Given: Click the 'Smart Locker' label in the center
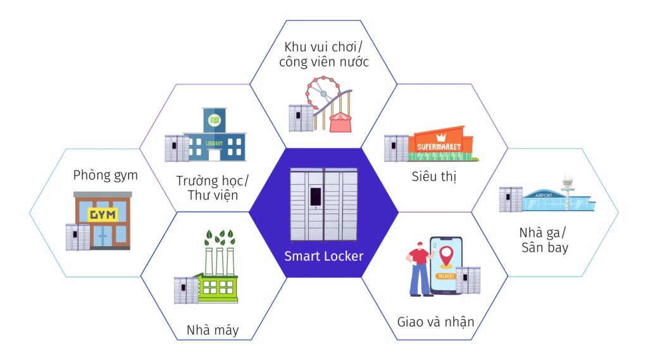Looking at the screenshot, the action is (323, 256).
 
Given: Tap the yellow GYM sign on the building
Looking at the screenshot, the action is (103, 214).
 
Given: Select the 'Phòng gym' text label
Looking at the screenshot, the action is (106, 175).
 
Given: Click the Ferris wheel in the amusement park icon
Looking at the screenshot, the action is (323, 94).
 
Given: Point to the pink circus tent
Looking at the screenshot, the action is (340, 122).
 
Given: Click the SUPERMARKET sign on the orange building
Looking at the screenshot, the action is (439, 146).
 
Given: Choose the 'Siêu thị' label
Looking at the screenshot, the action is (434, 177).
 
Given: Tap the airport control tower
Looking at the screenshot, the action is (568, 191).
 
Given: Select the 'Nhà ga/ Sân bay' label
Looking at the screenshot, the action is (544, 240).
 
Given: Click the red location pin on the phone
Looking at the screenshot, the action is (446, 256).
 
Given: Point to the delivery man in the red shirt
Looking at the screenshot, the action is (420, 269).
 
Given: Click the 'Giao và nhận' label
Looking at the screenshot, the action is (435, 321).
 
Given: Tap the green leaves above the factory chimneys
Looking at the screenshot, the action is (220, 238).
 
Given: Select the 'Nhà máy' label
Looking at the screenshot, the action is (213, 330).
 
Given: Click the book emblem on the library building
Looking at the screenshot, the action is (214, 120).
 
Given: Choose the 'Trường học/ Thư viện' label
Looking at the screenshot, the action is (213, 188).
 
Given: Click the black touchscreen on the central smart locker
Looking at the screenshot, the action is (316, 196).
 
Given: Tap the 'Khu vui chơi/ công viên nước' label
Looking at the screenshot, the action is (323, 54).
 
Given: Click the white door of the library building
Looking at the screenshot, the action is (214, 155).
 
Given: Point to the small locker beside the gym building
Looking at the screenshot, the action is (78, 237).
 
